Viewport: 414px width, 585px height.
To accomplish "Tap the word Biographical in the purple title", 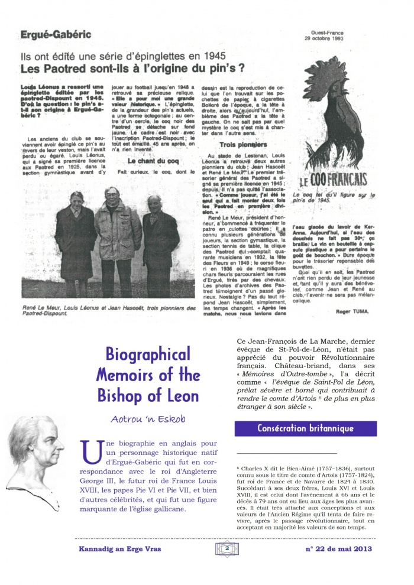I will [x=148, y=355].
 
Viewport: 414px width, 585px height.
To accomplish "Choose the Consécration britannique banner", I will [x=306, y=428].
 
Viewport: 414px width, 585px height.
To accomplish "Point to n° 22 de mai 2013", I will [x=338, y=550].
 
